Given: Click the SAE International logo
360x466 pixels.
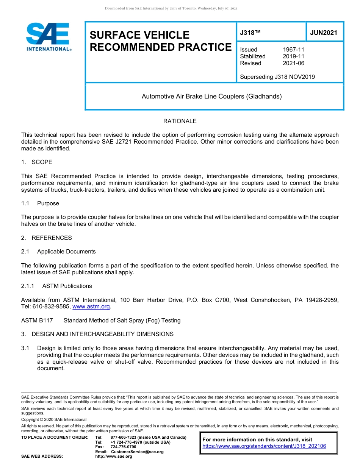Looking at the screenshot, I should coord(48,37).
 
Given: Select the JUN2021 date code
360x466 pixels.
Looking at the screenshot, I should coord(324,33).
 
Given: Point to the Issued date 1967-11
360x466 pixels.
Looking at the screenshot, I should coord(293,50).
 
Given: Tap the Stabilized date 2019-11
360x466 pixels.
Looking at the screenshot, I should coord(293,56).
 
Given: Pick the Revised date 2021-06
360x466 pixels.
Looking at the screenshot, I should coord(293,63).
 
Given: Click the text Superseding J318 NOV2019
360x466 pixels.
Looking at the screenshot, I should coord(277,77).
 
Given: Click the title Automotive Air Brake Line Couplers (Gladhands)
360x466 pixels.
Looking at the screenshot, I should coord(211,97).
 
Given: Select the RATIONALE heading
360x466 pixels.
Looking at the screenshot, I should coord(180,121).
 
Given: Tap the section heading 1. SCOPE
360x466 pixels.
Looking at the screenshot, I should coord(37,162).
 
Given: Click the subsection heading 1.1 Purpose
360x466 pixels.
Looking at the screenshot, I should coord(40,203).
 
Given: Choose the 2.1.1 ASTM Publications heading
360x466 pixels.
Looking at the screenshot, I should coord(56,286).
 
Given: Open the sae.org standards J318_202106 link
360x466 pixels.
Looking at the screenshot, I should coord(264,446).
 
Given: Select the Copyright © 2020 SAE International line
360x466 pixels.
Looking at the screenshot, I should coord(54,420).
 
